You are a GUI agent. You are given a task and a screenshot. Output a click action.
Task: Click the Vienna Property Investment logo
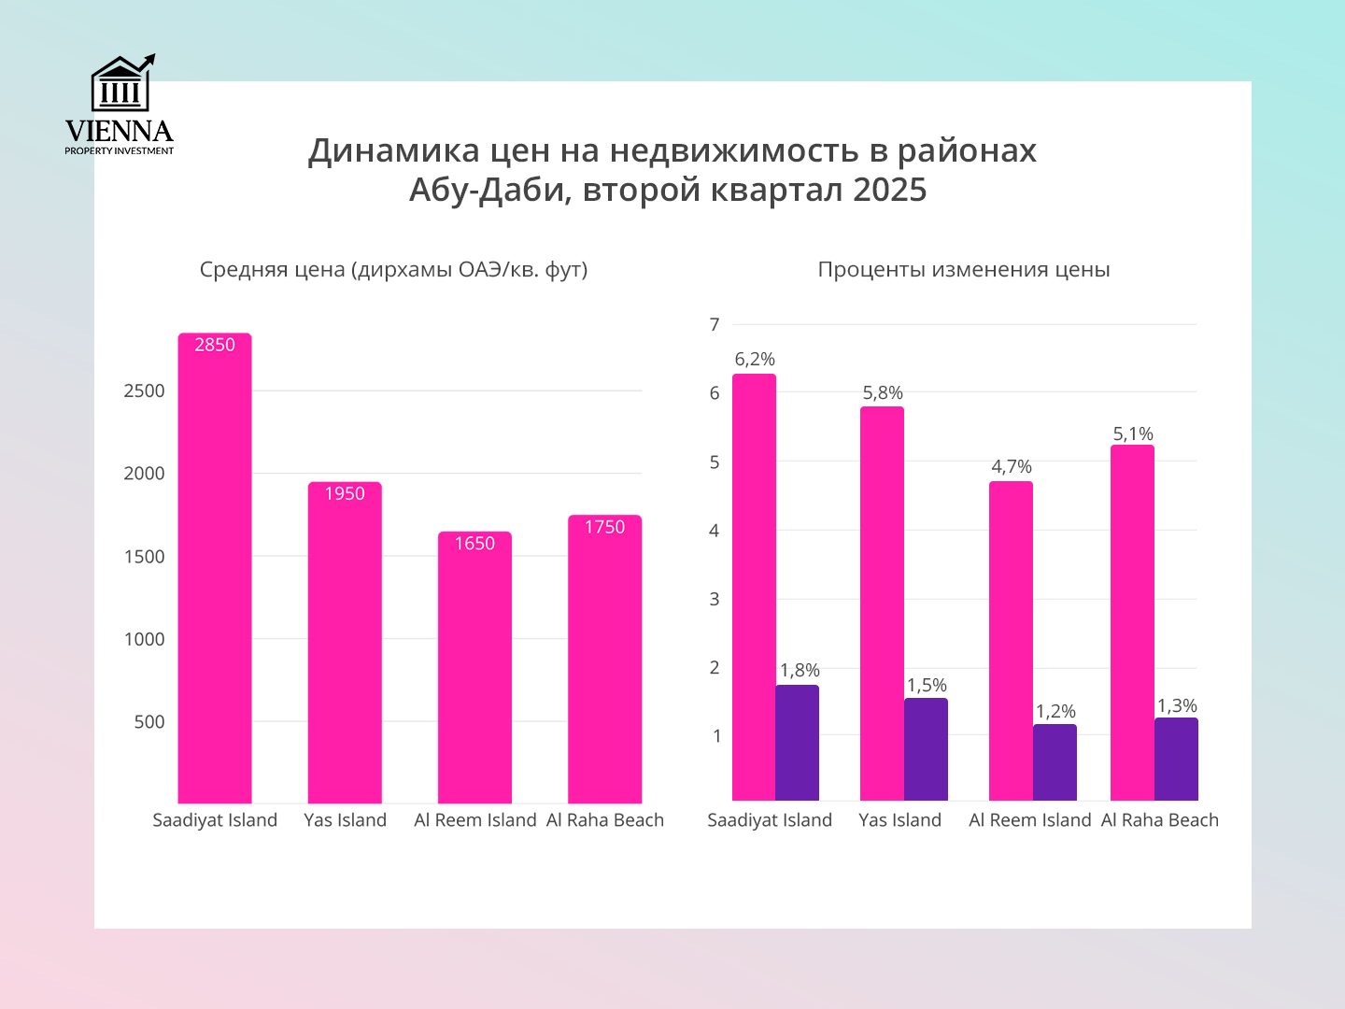tap(120, 105)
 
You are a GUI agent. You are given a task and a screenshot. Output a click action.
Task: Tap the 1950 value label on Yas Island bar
tap(345, 494)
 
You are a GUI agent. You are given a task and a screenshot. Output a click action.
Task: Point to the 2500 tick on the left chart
tap(144, 391)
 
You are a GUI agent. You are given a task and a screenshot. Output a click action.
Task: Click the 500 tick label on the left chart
tap(149, 722)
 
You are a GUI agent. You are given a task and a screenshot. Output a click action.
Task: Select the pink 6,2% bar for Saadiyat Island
tap(754, 589)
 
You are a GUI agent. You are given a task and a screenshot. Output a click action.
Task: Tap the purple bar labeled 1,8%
tap(797, 743)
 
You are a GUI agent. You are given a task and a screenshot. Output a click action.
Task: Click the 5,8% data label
tap(883, 393)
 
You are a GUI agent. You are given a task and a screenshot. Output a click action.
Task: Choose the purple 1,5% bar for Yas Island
tap(926, 749)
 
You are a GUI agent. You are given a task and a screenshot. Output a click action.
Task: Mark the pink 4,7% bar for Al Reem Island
tap(1011, 641)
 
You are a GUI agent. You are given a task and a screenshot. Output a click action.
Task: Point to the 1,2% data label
tap(1055, 712)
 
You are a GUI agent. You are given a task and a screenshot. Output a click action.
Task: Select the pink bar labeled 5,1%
tap(1132, 623)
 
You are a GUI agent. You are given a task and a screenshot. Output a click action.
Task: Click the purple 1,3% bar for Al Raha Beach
tap(1176, 760)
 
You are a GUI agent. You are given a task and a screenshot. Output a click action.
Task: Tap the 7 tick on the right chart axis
tap(715, 325)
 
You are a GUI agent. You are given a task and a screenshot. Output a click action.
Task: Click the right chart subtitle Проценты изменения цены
tap(964, 270)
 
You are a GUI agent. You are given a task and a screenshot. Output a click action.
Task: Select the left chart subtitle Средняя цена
tap(393, 270)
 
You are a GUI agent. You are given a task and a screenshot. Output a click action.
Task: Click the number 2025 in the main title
tap(889, 191)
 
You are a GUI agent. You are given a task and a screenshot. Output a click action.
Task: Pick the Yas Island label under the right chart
tap(899, 820)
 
